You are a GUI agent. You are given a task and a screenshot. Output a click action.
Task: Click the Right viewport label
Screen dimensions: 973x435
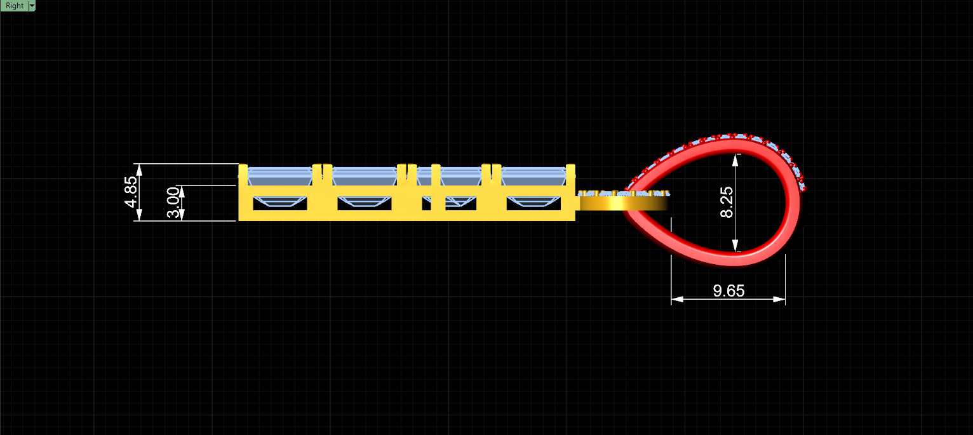15,6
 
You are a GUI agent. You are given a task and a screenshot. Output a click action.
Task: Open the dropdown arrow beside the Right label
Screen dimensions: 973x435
32,6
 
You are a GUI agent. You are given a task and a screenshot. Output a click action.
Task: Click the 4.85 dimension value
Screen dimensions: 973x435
130,192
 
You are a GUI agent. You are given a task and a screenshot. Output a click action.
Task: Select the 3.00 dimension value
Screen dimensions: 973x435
173,203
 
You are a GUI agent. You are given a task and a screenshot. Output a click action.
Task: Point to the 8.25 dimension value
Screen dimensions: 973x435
727,203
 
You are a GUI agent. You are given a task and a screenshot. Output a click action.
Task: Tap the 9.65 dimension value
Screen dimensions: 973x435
728,290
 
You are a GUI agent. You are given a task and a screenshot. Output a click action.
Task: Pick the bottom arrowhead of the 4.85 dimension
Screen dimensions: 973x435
139,215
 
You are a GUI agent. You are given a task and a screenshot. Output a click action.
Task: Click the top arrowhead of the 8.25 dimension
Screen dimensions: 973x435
735,160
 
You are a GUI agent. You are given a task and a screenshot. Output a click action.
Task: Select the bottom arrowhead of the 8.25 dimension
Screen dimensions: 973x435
735,246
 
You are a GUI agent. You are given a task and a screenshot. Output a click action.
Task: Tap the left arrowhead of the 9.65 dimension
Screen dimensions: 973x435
677,299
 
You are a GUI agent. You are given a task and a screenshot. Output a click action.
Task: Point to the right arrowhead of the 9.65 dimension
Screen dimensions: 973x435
779,299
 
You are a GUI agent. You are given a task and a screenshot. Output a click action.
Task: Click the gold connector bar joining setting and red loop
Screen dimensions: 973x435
622,203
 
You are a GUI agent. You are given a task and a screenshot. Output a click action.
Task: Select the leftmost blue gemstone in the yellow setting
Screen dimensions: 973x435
279,177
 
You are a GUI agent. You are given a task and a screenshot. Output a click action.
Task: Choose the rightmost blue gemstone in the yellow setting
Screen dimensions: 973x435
533,177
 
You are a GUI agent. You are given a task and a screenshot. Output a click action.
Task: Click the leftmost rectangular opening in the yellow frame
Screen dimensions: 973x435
279,204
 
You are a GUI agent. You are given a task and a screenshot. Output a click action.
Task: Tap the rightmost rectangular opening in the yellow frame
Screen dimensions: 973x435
533,204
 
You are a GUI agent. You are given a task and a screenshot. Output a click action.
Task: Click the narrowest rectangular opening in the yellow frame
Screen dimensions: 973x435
426,204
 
